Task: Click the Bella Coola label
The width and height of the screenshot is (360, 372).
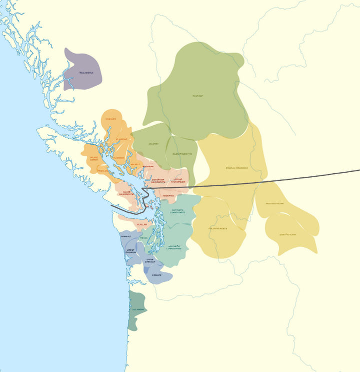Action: tap(86, 73)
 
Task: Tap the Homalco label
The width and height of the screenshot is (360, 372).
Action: tap(110, 119)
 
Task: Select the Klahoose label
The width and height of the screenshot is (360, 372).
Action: tap(121, 139)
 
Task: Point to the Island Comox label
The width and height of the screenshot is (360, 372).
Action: tap(94, 158)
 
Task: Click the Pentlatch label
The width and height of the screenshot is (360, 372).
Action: tap(102, 171)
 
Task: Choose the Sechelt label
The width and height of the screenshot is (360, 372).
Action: tap(135, 164)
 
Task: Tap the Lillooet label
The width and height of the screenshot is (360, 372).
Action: tap(153, 144)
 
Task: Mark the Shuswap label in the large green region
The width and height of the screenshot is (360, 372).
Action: tap(198, 96)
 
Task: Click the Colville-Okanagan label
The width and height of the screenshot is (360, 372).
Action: tap(236, 168)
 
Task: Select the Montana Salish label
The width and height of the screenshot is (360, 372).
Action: tap(274, 204)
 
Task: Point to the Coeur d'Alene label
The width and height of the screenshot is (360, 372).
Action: tap(287, 234)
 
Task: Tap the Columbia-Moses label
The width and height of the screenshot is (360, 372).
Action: tap(217, 228)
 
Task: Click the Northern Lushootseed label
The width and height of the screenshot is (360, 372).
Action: tap(177, 211)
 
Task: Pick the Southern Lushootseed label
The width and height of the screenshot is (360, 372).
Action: tap(174, 247)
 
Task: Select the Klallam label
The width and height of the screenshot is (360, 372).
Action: tap(142, 225)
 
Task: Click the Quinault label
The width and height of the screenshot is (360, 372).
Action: tap(125, 236)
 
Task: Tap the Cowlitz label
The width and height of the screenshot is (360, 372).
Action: tap(156, 275)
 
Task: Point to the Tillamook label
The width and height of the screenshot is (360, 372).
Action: tap(138, 309)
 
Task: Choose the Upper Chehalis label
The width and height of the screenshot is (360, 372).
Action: tap(150, 260)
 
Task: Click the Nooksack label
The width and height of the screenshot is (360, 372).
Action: tap(168, 195)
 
